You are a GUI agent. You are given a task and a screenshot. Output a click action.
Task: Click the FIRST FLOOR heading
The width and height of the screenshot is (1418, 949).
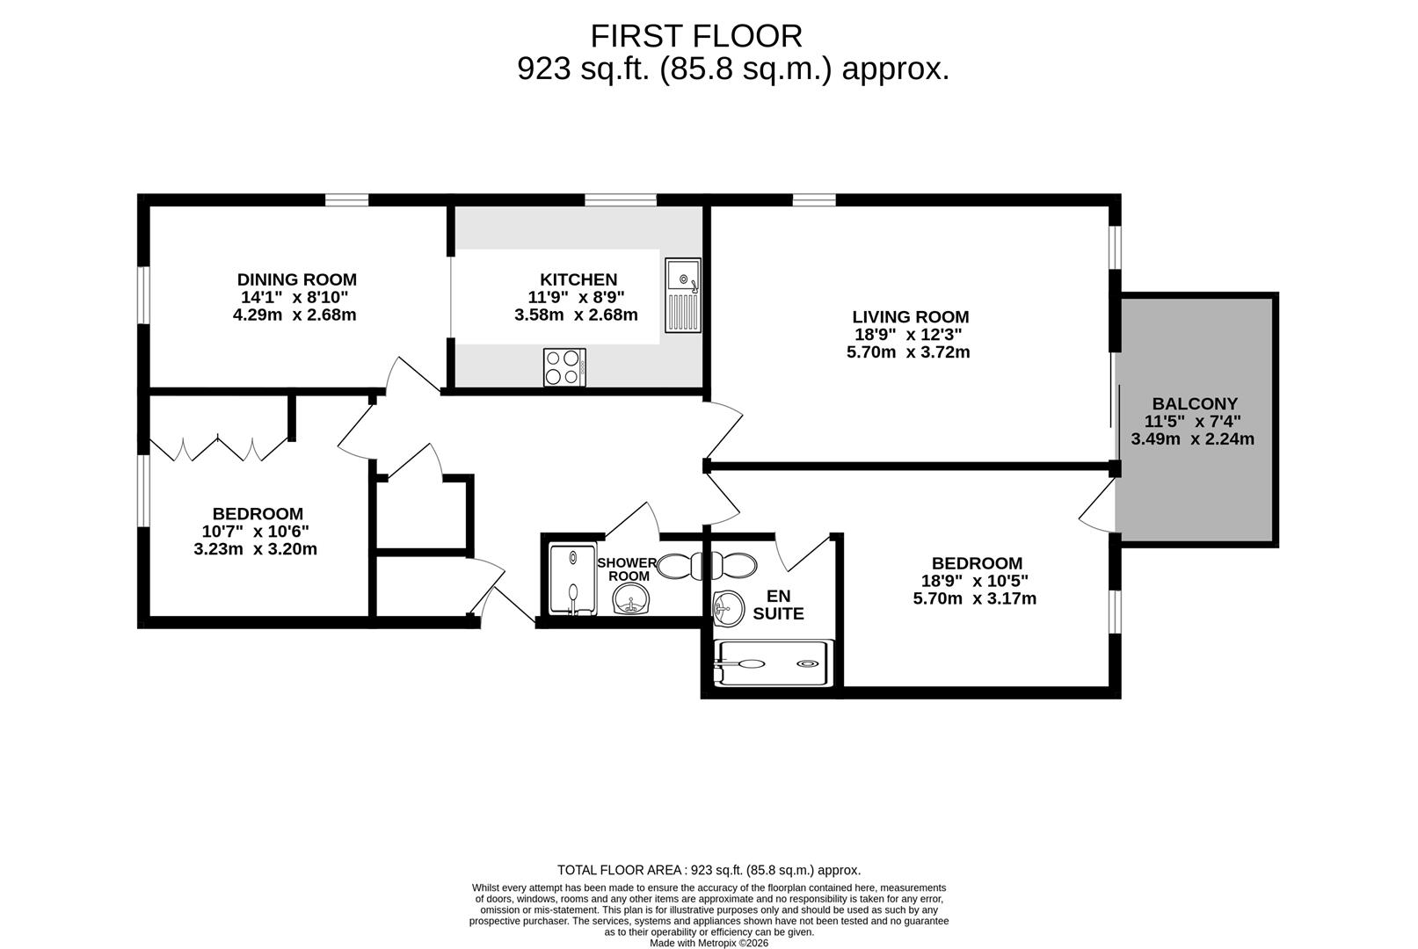click(x=695, y=37)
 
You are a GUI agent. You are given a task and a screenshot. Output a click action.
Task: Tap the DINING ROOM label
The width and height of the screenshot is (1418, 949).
click(x=297, y=279)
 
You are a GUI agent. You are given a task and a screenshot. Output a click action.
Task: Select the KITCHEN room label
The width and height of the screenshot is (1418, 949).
click(x=578, y=279)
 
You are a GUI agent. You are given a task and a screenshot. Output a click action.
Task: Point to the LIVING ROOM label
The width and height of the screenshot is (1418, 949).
click(x=910, y=316)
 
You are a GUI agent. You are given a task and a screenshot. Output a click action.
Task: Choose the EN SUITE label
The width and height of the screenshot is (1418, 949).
click(x=778, y=605)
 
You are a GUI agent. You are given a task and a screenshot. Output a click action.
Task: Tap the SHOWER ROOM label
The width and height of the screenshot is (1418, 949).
click(x=627, y=569)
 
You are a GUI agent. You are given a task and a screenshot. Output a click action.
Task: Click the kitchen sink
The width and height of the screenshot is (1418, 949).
click(x=683, y=294)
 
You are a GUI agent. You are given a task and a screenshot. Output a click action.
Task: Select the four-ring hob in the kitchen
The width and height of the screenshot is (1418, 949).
click(x=564, y=367)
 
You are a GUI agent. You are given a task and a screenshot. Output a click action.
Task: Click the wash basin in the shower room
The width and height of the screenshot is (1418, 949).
click(x=630, y=603)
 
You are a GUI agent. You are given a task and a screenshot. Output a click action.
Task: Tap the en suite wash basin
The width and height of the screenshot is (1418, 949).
click(x=726, y=606)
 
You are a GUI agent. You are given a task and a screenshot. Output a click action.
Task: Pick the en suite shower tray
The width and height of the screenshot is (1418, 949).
click(x=771, y=663)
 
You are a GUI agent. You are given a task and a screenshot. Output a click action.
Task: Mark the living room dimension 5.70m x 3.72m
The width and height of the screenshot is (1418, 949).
click(x=908, y=352)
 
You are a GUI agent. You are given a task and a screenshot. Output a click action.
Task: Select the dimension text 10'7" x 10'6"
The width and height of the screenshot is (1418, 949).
click(x=255, y=531)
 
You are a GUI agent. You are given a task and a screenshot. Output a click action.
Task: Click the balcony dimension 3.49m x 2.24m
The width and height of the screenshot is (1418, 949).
click(x=1192, y=438)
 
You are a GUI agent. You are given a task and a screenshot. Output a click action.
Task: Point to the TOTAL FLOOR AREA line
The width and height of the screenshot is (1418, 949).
click(x=709, y=870)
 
